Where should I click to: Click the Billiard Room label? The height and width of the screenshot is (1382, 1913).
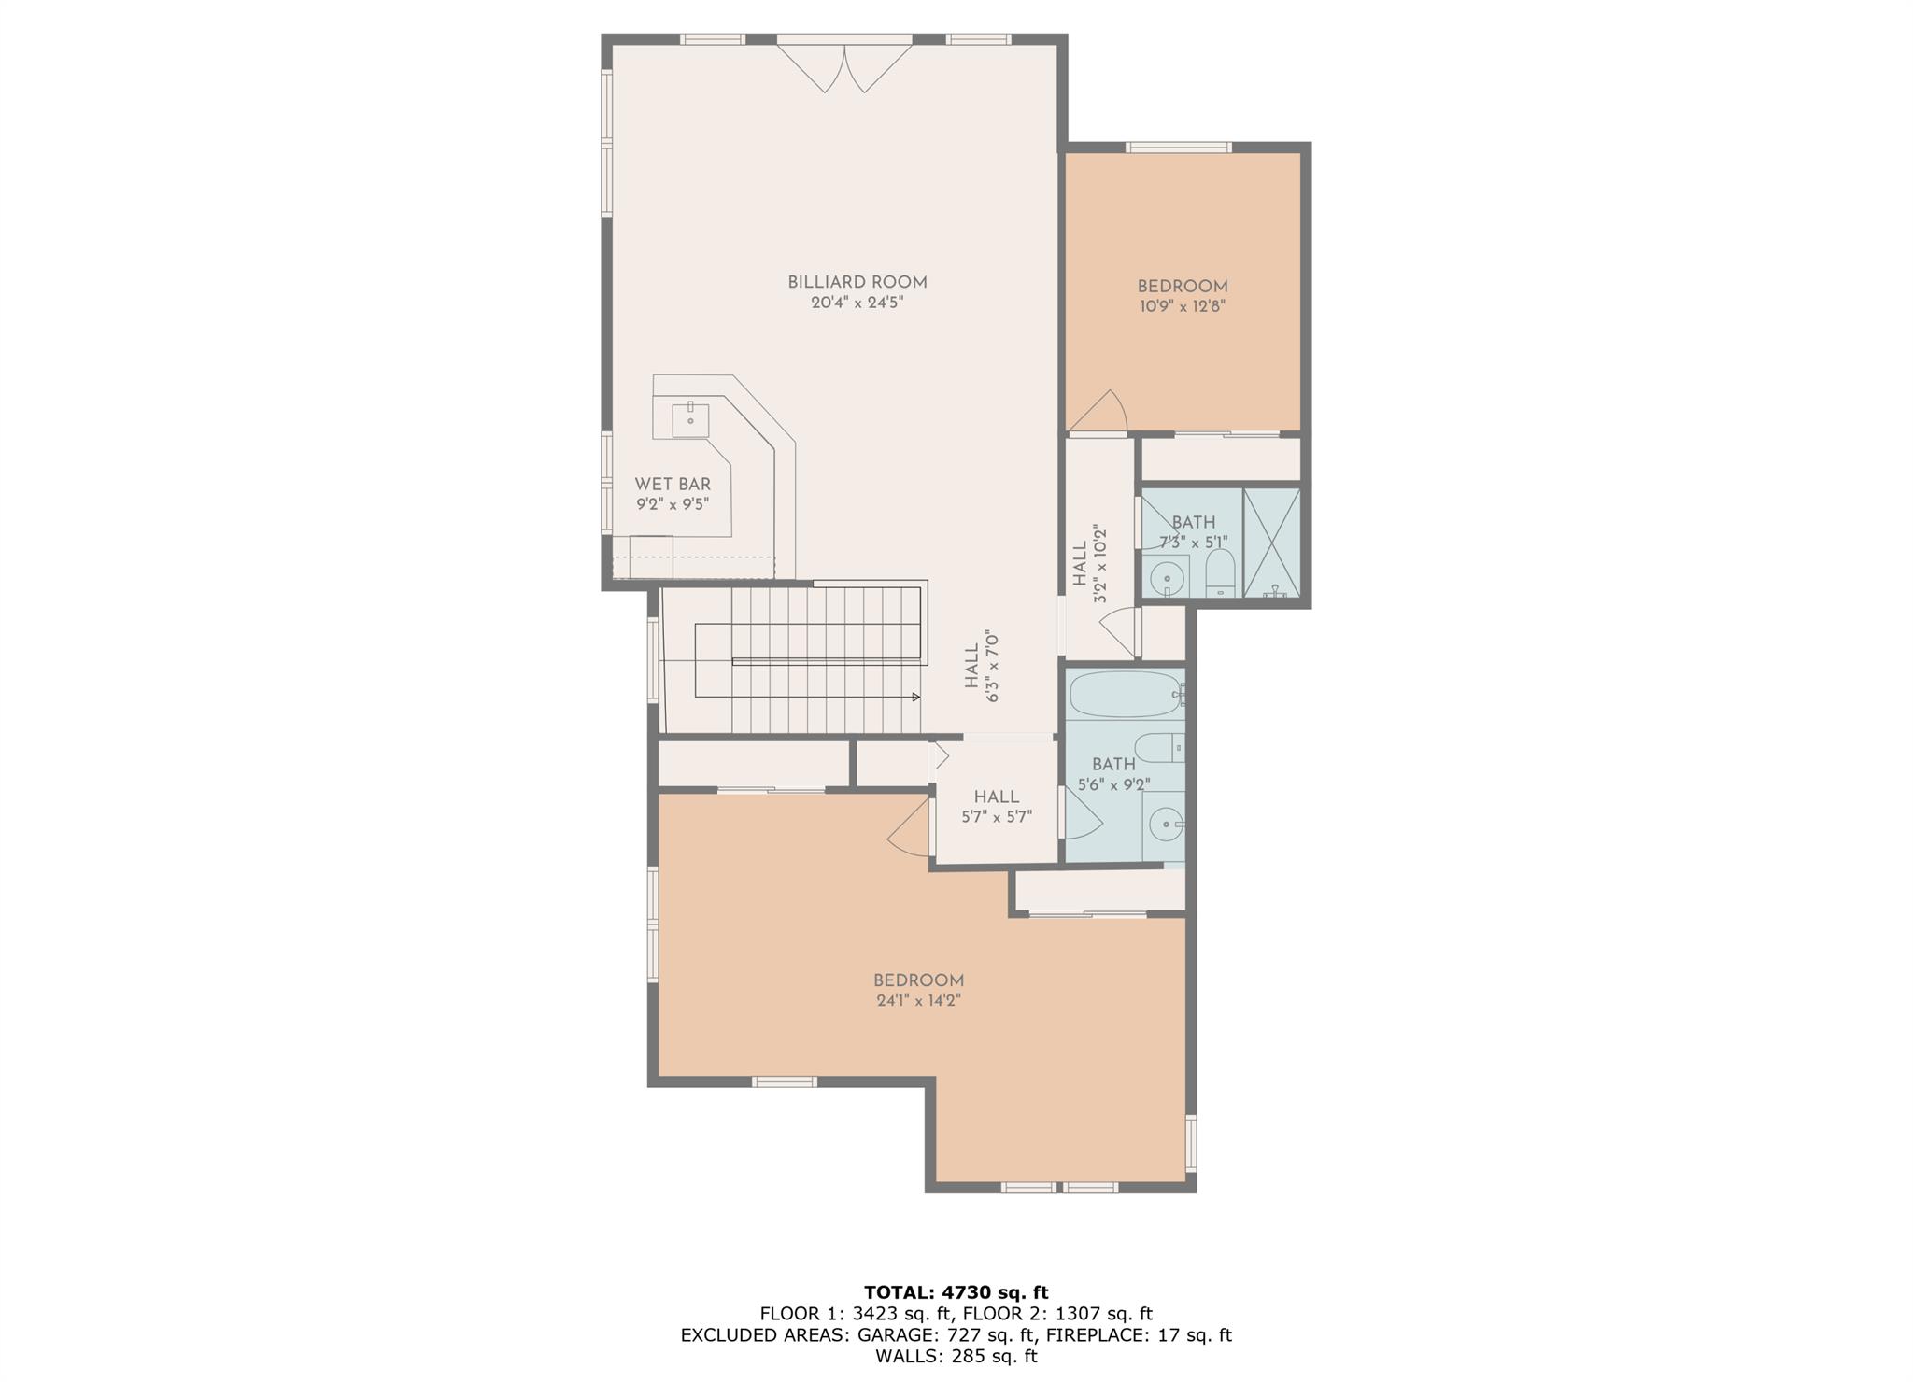[857, 282]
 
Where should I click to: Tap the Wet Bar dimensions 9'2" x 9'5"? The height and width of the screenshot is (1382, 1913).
[673, 504]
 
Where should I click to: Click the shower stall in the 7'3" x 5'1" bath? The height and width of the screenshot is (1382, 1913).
[1271, 543]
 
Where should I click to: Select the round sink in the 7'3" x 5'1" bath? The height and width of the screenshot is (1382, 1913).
[1167, 579]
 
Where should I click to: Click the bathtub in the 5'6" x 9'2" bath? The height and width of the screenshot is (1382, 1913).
[1126, 695]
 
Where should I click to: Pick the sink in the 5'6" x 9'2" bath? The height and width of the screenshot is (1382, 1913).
[1166, 824]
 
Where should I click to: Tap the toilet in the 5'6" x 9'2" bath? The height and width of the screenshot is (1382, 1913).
[1159, 748]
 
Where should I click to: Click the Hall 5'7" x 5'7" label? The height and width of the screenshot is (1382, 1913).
[996, 806]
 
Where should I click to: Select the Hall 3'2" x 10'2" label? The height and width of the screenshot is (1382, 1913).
[1089, 563]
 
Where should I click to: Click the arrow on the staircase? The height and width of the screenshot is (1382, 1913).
[915, 697]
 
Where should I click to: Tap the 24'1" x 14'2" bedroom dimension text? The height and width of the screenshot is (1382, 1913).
[918, 1000]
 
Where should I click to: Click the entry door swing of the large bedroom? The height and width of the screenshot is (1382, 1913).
[909, 825]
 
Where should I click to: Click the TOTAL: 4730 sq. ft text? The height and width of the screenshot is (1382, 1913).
[956, 1292]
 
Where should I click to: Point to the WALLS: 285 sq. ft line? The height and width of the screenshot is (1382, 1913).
[956, 1356]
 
